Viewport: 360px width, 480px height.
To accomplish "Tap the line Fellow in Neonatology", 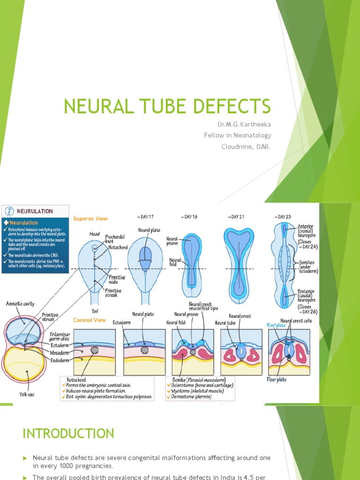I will coord(237,135).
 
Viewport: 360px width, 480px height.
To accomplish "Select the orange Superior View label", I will coord(90,218).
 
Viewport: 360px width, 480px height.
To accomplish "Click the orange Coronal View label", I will coord(89,320).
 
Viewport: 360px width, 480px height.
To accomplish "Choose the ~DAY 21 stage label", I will coord(236,217).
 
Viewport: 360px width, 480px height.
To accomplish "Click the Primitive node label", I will coord(117,280).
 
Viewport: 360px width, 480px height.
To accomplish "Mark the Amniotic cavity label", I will coord(20,304).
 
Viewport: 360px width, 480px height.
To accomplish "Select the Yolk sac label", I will coord(27,394).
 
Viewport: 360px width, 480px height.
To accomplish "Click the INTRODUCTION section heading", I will coord(68,433).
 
